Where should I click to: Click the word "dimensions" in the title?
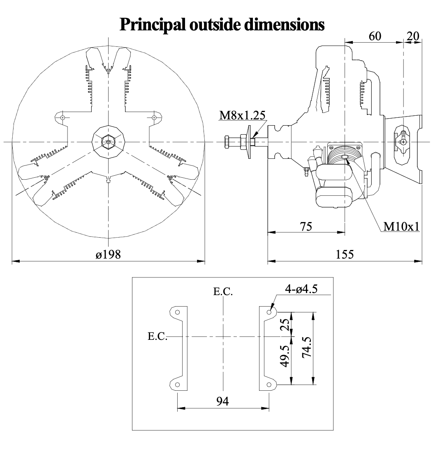pyautogui.click(x=284, y=24)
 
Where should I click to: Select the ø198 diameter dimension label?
pyautogui.click(x=109, y=254)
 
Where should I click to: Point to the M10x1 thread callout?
pyautogui.click(x=401, y=227)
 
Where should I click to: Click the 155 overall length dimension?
pyautogui.click(x=345, y=254)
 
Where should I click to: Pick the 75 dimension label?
pyautogui.click(x=306, y=227)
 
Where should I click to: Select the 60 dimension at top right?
pyautogui.click(x=375, y=37)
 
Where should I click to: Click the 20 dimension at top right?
pyautogui.click(x=413, y=37)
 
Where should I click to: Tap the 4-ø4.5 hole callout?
pyautogui.click(x=301, y=289)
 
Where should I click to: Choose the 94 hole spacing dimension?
pyautogui.click(x=222, y=401)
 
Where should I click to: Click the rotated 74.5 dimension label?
pyautogui.click(x=306, y=347)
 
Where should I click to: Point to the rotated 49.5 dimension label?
pyautogui.click(x=285, y=356)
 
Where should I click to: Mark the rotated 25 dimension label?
pyautogui.click(x=285, y=324)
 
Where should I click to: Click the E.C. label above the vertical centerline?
pyautogui.click(x=223, y=291)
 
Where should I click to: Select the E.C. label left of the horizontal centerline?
pyautogui.click(x=157, y=336)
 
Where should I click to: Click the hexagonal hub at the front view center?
pyautogui.click(x=109, y=142)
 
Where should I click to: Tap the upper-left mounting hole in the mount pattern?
pyautogui.click(x=178, y=312)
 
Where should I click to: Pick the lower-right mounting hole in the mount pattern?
pyautogui.click(x=269, y=385)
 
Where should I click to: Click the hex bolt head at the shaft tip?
pyautogui.click(x=227, y=142)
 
